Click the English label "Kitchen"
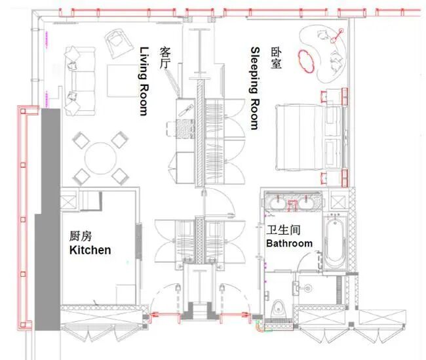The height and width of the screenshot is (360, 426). [x=90, y=250]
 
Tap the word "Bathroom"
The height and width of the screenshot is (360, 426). [x=289, y=243]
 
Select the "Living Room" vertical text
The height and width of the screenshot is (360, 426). [x=144, y=81]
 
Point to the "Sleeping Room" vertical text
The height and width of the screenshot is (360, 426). [x=255, y=88]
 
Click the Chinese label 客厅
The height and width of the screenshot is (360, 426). [x=165, y=58]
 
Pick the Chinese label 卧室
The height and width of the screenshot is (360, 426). [x=276, y=58]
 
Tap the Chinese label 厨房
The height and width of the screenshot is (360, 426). [x=81, y=236]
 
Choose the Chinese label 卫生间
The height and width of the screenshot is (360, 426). [x=283, y=230]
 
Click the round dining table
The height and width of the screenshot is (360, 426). [x=100, y=158]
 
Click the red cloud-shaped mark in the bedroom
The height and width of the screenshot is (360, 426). [x=307, y=61]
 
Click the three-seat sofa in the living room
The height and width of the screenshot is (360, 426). [x=80, y=81]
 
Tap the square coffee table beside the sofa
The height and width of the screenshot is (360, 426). [x=123, y=81]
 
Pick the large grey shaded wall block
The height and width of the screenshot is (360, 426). [x=48, y=219]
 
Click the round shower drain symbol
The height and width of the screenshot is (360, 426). [x=308, y=287]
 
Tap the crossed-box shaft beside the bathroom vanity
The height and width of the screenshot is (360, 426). [x=338, y=203]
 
